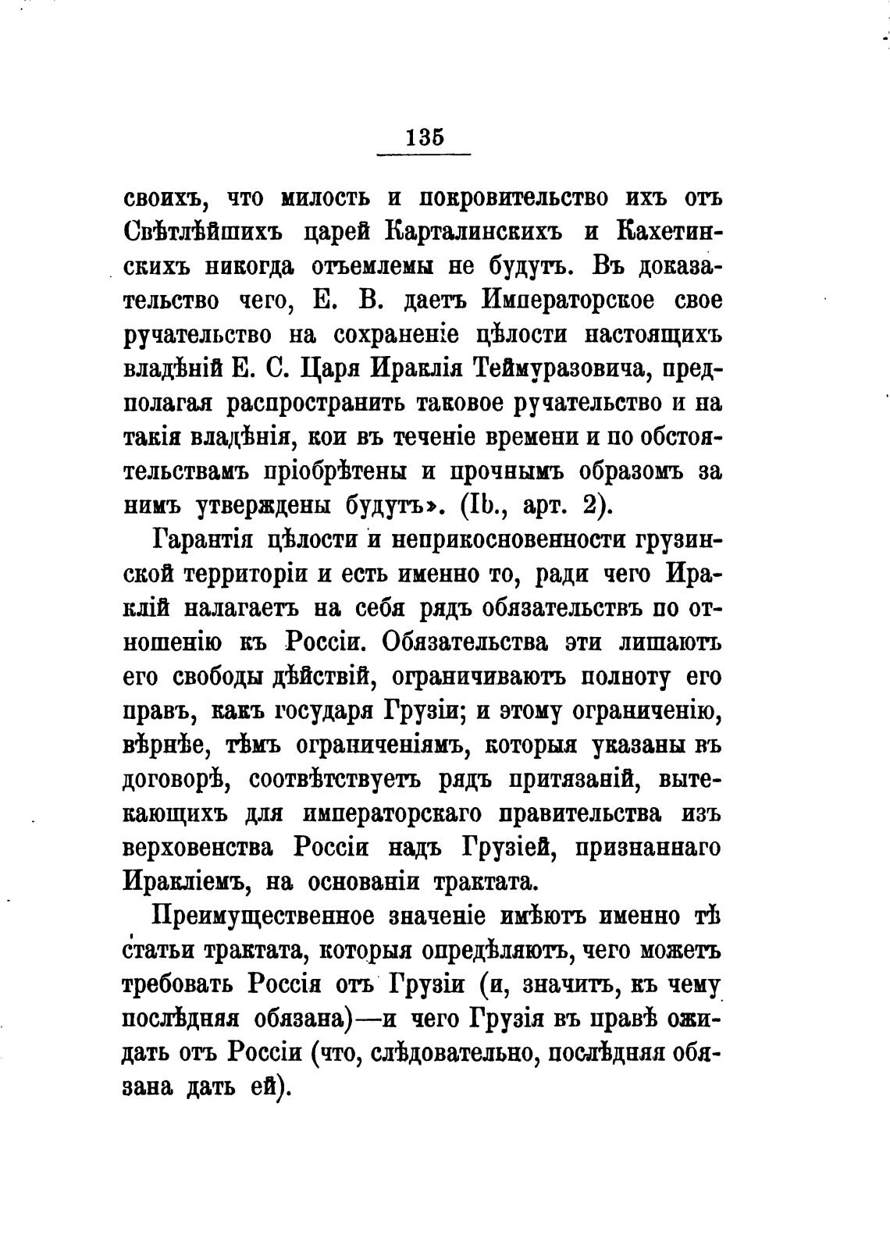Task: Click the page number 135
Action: click(x=425, y=137)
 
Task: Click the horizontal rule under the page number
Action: click(x=424, y=154)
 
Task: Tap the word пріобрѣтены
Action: click(x=339, y=471)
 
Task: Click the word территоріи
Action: click(x=248, y=574)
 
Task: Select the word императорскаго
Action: click(x=411, y=813)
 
